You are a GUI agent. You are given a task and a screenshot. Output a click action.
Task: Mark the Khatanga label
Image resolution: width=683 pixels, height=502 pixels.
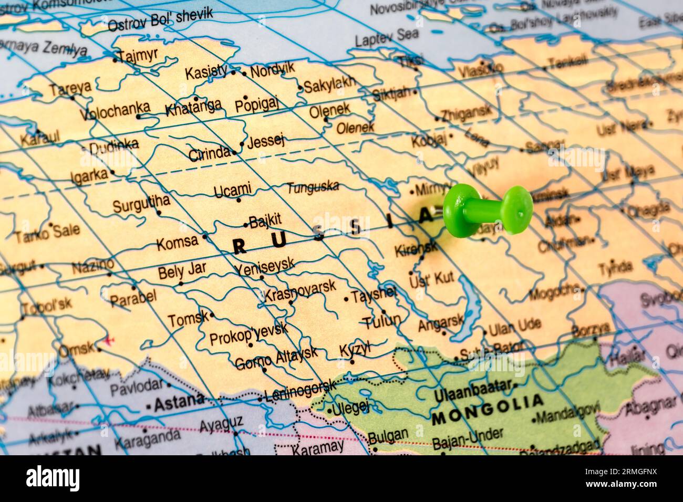[x=193, y=109]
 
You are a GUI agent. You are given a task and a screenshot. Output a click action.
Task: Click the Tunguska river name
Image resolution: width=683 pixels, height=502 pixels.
[x=313, y=187]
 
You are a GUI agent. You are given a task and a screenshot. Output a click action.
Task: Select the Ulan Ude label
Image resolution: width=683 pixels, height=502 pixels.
[x=514, y=328]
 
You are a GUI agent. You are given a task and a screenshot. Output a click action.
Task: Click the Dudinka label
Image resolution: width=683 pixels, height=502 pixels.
[x=113, y=147]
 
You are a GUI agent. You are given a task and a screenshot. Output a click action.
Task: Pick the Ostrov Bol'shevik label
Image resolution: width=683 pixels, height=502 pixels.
[x=160, y=19]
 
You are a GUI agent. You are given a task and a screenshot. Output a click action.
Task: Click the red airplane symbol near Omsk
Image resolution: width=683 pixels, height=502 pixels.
[x=109, y=340]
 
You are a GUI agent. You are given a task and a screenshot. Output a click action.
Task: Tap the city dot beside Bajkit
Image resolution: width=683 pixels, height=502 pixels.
[x=245, y=225]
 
